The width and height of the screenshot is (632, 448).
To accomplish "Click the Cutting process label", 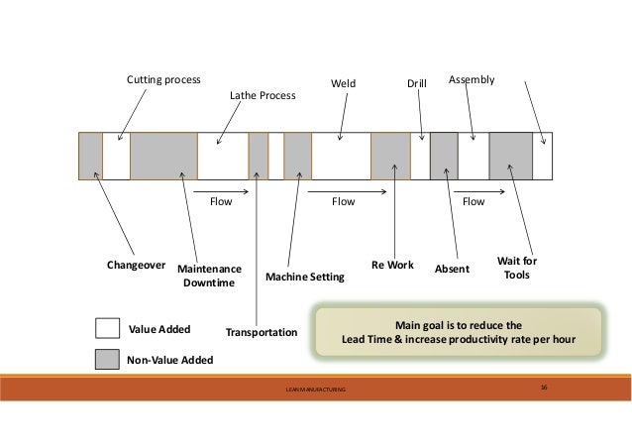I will (162, 78).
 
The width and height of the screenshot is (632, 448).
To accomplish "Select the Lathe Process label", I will (263, 96).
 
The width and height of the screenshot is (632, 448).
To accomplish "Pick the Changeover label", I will (136, 266).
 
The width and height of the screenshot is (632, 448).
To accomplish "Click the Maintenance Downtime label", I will (208, 276).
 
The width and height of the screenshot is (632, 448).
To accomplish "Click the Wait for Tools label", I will (516, 268).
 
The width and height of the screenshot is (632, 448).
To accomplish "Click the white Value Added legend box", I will (107, 329).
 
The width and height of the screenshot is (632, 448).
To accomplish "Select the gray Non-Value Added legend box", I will (107, 360).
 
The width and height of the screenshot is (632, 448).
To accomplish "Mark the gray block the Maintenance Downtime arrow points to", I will (163, 156).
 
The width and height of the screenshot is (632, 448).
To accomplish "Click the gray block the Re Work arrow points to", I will (390, 156).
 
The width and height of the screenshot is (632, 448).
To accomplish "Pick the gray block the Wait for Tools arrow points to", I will (511, 156).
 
